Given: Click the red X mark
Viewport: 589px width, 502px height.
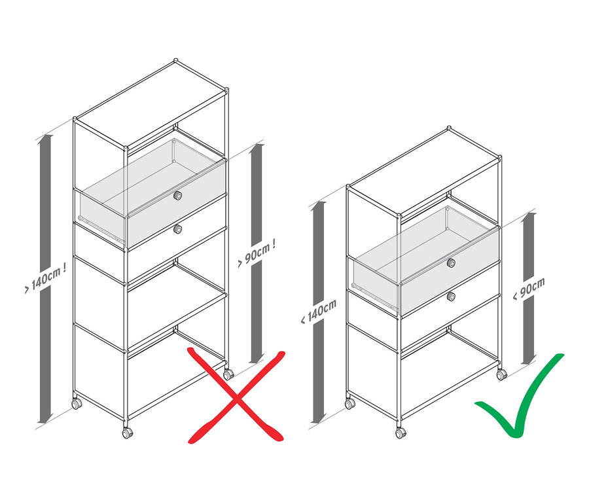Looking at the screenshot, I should [x=236, y=397].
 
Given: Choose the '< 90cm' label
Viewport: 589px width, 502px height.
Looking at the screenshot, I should [x=528, y=288].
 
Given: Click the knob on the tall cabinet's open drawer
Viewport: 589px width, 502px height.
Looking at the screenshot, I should [x=177, y=196].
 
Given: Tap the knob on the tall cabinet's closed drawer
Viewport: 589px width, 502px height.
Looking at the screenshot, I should [x=177, y=228].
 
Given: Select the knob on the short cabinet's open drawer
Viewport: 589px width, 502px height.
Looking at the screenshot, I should [x=451, y=262].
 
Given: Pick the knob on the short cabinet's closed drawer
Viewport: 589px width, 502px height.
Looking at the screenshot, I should [x=451, y=296].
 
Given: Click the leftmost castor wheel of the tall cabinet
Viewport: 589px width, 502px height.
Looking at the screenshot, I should [x=77, y=404].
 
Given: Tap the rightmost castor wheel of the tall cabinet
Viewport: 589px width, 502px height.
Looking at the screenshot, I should [x=228, y=374].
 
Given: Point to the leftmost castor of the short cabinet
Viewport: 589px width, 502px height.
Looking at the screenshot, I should [x=350, y=404].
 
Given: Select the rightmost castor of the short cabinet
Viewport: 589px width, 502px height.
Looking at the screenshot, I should [x=501, y=375].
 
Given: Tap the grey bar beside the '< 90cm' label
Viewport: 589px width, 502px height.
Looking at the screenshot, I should [x=527, y=327].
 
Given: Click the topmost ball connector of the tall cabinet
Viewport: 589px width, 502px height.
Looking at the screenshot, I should [x=175, y=62].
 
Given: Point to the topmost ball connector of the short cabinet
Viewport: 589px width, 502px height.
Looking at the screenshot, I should [x=449, y=128].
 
